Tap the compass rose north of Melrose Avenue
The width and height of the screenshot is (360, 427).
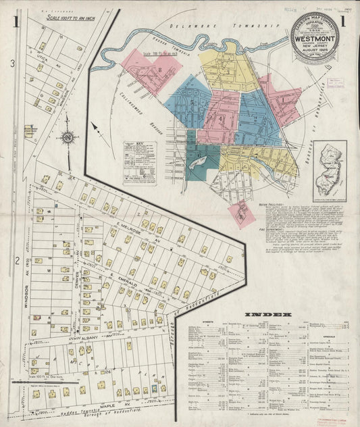[68, 138]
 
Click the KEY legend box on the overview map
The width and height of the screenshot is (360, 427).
[139, 163]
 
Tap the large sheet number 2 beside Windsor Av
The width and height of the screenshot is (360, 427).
[16, 259]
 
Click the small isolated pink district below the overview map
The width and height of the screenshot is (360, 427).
[241, 213]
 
